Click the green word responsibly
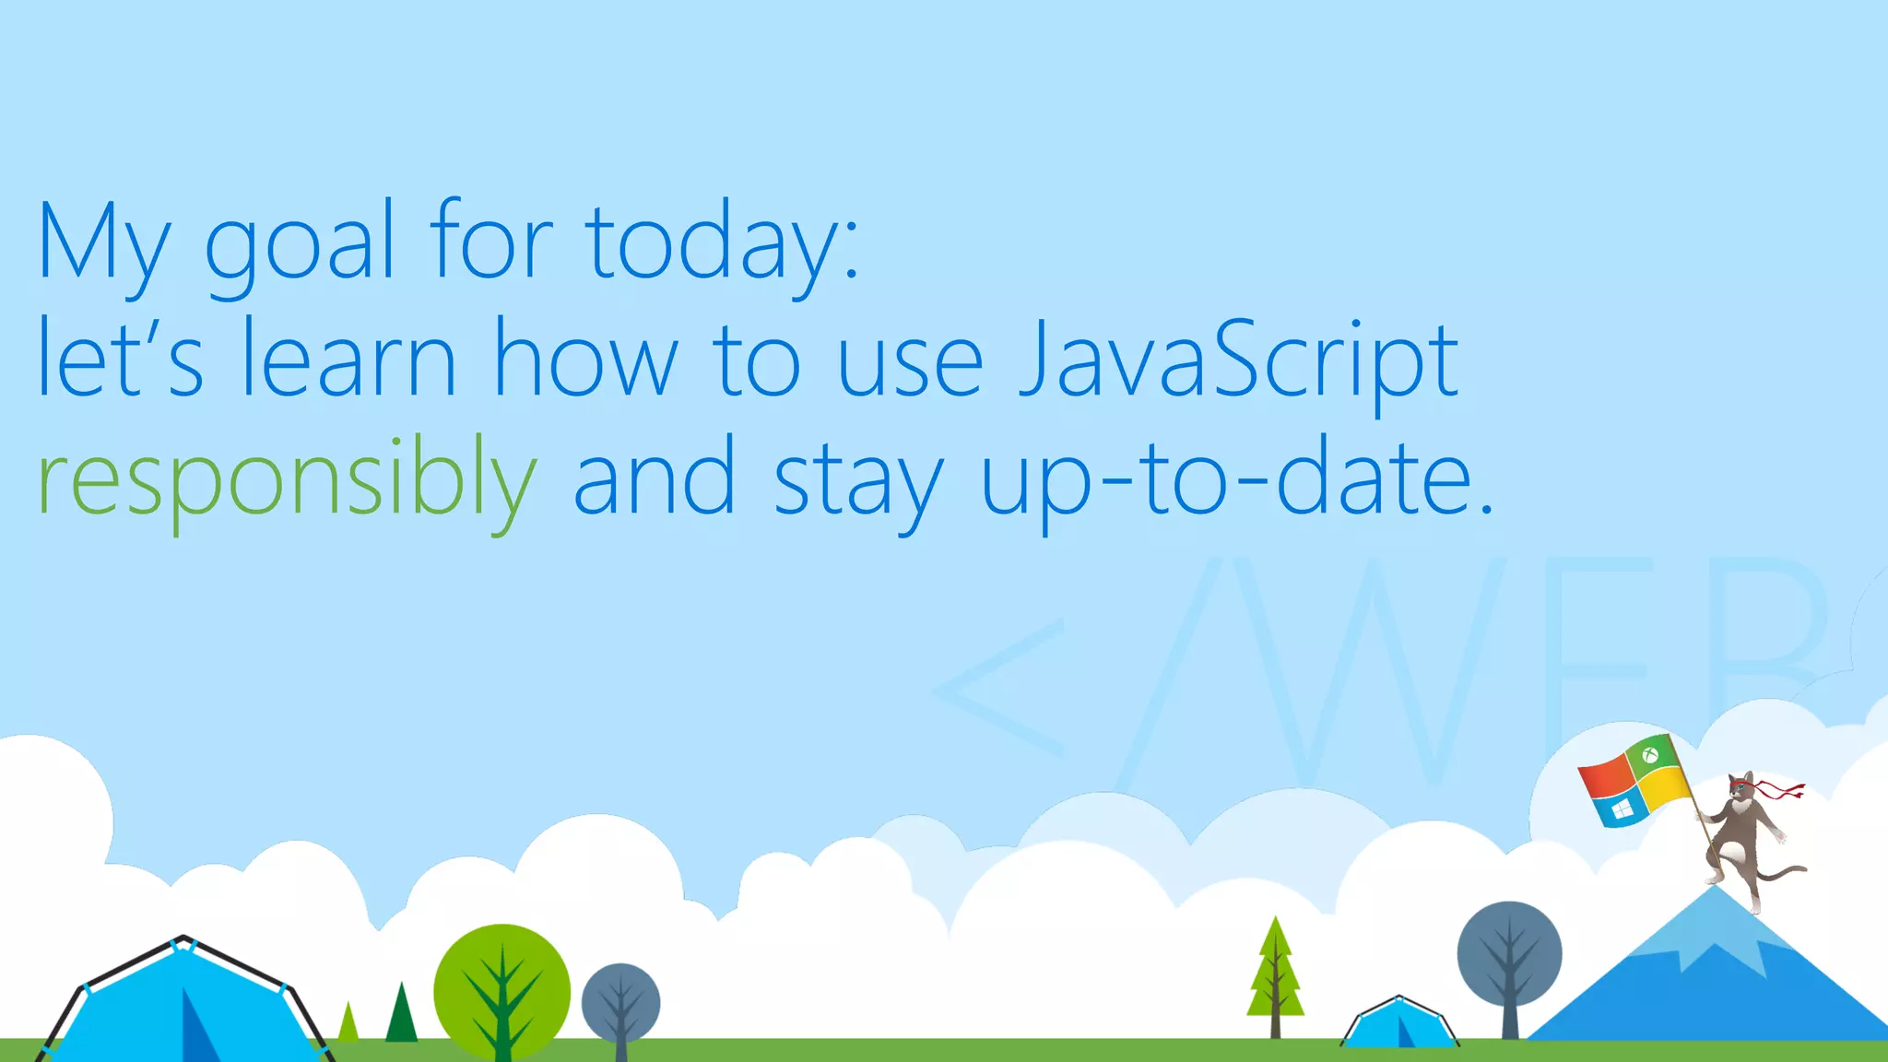[286, 479]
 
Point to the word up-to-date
[1235, 479]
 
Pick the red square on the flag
[1604, 780]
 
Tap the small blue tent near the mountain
[1398, 1023]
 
